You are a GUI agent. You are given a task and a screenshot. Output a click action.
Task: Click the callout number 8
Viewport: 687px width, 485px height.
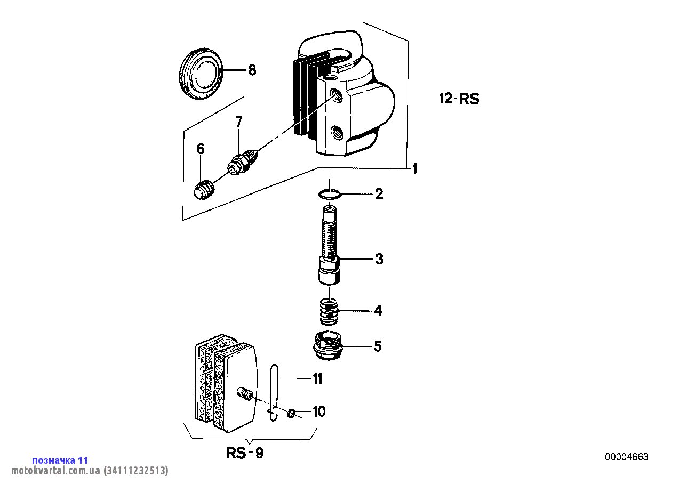tap(252, 70)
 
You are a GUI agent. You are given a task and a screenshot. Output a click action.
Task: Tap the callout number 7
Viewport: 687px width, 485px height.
tap(238, 122)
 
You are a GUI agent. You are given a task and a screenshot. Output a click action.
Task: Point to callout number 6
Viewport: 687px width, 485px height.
tap(200, 149)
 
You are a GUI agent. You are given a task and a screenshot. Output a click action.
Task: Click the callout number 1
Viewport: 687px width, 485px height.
tap(414, 169)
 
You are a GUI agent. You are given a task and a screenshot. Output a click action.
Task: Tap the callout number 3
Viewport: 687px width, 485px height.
tap(379, 259)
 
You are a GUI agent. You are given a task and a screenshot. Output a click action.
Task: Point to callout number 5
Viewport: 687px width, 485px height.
tap(378, 346)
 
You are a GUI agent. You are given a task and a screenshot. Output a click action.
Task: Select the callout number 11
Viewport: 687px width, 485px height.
tap(317, 379)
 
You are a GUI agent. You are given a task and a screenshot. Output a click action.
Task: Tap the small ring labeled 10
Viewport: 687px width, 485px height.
tap(291, 414)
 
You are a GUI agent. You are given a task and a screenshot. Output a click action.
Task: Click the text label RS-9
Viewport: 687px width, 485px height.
tap(245, 453)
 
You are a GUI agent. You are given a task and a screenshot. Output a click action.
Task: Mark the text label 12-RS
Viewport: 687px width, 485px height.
tap(459, 99)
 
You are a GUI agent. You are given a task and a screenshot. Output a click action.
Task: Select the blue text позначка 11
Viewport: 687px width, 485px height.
tap(60, 460)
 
